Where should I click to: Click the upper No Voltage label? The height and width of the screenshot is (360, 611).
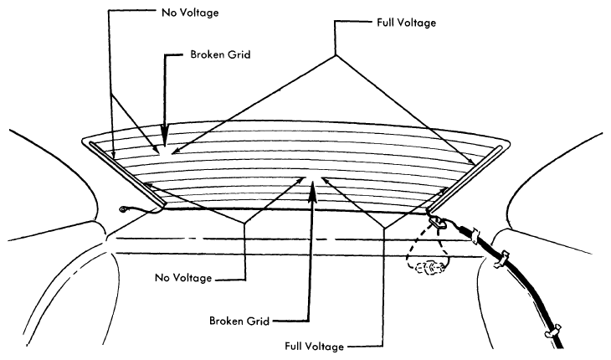[190, 13]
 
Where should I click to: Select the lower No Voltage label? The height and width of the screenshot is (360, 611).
[183, 278]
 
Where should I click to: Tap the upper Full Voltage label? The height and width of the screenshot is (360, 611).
[406, 23]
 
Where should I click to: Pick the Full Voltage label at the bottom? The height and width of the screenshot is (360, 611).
[314, 347]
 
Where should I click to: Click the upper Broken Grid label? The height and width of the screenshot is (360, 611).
[220, 54]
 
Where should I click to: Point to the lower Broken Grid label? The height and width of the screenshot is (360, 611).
[239, 321]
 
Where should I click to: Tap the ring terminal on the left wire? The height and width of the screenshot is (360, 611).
[125, 210]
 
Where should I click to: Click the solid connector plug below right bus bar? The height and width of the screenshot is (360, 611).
[437, 224]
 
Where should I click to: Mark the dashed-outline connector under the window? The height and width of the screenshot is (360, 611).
[429, 268]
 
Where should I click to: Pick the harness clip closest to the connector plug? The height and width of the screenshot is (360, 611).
[475, 235]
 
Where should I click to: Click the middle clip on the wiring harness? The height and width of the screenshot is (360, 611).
[501, 259]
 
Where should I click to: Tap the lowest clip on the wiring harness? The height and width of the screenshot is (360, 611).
[553, 330]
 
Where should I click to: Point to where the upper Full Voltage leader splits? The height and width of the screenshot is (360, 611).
[336, 55]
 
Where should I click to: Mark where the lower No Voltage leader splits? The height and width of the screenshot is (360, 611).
[244, 224]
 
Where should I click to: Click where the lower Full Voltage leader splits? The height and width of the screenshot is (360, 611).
[384, 228]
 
